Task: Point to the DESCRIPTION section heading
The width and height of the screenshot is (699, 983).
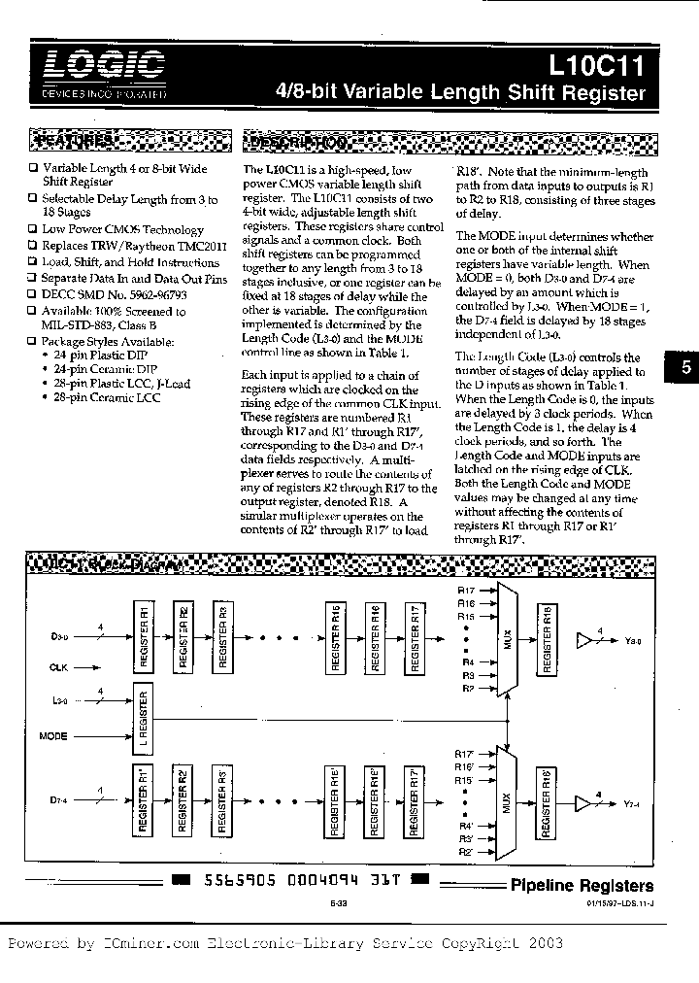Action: point(297,142)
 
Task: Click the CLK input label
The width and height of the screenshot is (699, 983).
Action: point(59,667)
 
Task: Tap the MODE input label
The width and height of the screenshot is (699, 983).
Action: point(53,736)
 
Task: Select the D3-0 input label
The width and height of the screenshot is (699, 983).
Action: point(59,637)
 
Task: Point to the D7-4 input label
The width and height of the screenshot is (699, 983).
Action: point(59,799)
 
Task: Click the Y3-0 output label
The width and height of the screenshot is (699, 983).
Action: point(634,640)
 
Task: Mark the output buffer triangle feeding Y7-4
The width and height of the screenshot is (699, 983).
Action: point(584,804)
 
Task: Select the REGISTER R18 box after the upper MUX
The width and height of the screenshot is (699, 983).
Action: point(549,637)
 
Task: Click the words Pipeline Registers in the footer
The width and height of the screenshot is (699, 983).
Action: point(582,885)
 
